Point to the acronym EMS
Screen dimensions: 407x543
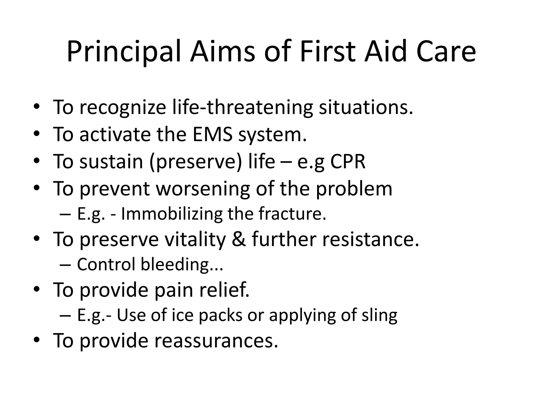point(212,134)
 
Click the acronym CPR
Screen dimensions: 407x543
point(348,161)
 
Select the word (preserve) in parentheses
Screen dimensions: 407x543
point(196,162)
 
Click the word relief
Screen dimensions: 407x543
point(224,290)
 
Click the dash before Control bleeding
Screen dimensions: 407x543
point(65,265)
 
